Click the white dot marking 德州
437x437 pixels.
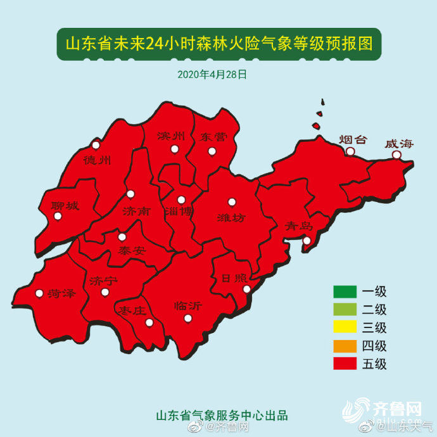(96, 144)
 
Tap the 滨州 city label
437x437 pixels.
(171, 136)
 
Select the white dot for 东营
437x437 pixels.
(212, 151)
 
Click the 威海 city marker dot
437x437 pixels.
(396, 155)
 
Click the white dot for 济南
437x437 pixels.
(130, 194)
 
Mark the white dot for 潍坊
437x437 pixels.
(232, 202)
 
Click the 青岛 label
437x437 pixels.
(298, 225)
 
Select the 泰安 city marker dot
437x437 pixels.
(122, 237)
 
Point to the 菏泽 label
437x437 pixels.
(61, 293)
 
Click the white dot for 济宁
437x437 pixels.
(105, 292)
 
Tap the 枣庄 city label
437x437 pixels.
(132, 310)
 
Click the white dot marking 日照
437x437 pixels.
(247, 289)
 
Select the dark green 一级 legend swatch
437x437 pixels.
(345, 292)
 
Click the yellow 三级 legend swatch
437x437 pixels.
(345, 328)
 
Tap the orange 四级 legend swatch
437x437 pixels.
(345, 346)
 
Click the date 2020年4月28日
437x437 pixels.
(212, 74)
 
